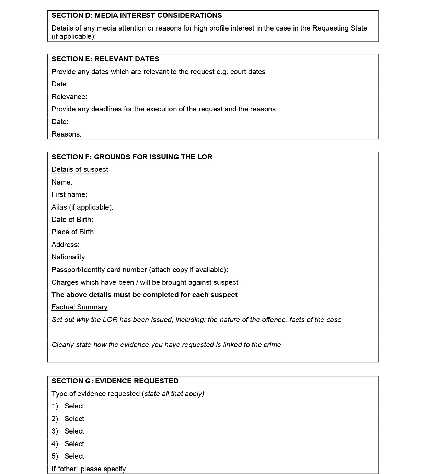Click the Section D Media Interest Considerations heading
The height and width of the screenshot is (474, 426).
(137, 15)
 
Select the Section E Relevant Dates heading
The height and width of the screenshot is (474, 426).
(105, 59)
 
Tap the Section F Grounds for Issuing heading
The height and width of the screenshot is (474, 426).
(132, 157)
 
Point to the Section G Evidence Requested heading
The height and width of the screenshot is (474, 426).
(115, 381)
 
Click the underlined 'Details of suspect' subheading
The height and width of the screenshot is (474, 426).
(80, 169)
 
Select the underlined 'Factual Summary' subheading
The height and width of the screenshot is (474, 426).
(79, 307)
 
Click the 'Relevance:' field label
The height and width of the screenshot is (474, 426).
(69, 97)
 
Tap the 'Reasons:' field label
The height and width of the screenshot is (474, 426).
(66, 134)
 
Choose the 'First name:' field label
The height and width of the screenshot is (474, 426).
(69, 194)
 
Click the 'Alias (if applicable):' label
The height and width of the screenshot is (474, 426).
(82, 207)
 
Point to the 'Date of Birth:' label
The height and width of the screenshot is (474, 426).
(72, 220)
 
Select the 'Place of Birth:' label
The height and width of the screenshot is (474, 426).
(73, 232)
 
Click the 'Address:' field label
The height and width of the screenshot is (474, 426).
(65, 245)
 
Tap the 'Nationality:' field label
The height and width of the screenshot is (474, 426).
(69, 257)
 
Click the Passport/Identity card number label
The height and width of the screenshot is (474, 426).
(140, 270)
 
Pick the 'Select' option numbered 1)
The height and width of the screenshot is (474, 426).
(74, 406)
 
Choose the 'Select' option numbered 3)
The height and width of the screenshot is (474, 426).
(74, 431)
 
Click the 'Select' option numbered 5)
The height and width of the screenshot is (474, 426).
(74, 456)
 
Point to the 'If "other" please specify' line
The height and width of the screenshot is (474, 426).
(89, 469)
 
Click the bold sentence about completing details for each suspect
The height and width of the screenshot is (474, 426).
(145, 295)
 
